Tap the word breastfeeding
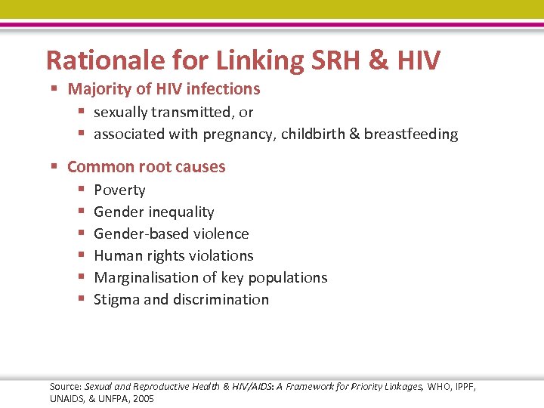point(411,134)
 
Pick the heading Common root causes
point(146,167)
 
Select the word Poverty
point(119,190)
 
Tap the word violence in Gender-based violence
point(219,234)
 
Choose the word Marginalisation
point(148,278)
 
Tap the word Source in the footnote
point(64,387)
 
